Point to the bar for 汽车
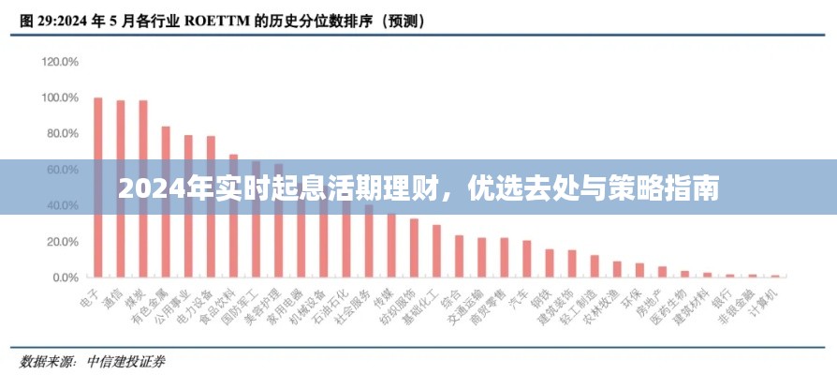click(x=527, y=259)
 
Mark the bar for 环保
click(x=639, y=270)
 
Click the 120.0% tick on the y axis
click(x=60, y=62)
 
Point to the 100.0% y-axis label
click(x=60, y=97)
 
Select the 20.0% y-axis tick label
click(x=62, y=242)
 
